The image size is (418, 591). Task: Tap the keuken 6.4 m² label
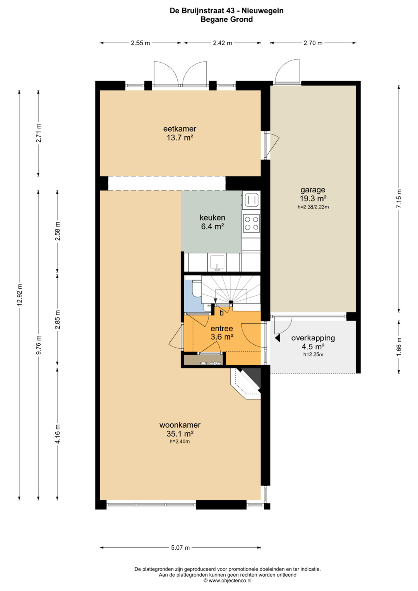pyautogui.click(x=212, y=222)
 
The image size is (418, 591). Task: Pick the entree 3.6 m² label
pyautogui.click(x=222, y=332)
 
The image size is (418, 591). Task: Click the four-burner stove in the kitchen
pyautogui.click(x=251, y=223)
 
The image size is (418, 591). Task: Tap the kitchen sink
pyautogui.click(x=217, y=262)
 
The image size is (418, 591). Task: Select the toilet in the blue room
pyautogui.click(x=197, y=289)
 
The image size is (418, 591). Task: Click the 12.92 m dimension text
pyautogui.click(x=19, y=295)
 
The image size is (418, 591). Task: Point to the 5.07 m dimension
pyautogui.click(x=180, y=548)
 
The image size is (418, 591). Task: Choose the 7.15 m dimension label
pyautogui.click(x=399, y=199)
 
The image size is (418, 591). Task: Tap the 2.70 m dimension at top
pyautogui.click(x=313, y=43)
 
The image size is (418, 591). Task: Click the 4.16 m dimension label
pyautogui.click(x=58, y=434)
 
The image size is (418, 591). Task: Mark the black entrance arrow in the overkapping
pyautogui.click(x=277, y=338)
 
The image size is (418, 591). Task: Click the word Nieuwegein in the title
pyautogui.click(x=262, y=11)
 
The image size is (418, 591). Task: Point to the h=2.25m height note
pyautogui.click(x=313, y=355)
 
